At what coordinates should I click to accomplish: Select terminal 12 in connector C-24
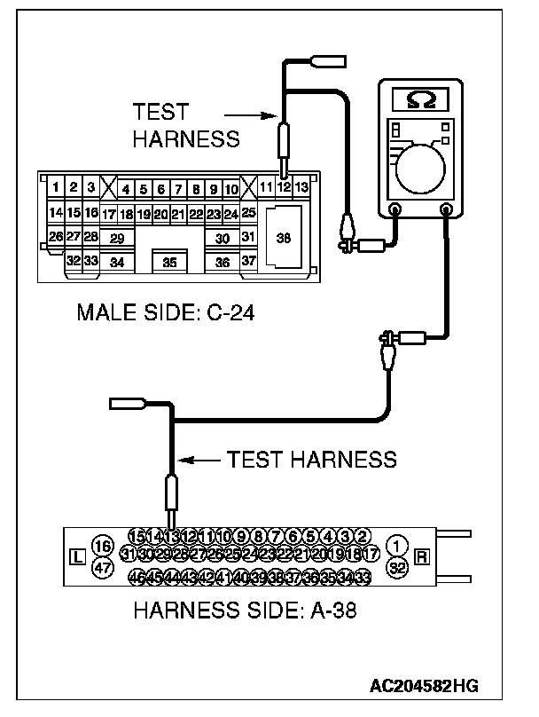pyautogui.click(x=283, y=187)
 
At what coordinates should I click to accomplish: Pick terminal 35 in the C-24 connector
pyautogui.click(x=169, y=262)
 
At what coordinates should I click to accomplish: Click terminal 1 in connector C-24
pyautogui.click(x=56, y=187)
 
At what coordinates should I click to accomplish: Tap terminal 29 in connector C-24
pyautogui.click(x=116, y=238)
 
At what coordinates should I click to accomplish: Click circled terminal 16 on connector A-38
pyautogui.click(x=103, y=546)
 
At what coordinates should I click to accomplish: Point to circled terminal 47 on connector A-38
pyautogui.click(x=103, y=568)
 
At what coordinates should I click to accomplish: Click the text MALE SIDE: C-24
pyautogui.click(x=165, y=312)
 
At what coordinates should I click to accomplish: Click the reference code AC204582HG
pyautogui.click(x=425, y=687)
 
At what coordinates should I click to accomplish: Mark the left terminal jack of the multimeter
pyautogui.click(x=395, y=210)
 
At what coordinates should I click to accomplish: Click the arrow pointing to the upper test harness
pyautogui.click(x=246, y=114)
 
